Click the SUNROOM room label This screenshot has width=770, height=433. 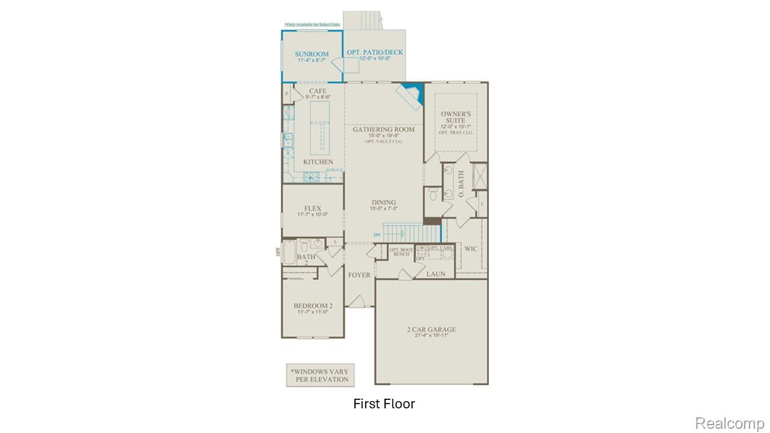[x=312, y=54]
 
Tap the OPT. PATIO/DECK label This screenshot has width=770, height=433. [x=375, y=52]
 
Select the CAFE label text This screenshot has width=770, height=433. [x=318, y=91]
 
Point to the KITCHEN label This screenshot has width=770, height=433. [x=318, y=162]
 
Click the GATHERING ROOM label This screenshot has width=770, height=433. [x=383, y=129]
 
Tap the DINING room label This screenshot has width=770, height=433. [x=383, y=203]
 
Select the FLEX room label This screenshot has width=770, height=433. [x=312, y=208]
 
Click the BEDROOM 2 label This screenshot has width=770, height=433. [x=313, y=306]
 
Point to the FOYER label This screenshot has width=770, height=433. [x=359, y=275]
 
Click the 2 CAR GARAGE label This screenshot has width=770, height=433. [x=431, y=330]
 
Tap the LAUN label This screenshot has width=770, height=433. [x=436, y=274]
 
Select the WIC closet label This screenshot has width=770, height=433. [x=470, y=248]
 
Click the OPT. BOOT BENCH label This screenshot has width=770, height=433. [x=401, y=251]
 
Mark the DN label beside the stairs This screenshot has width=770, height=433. [x=377, y=235]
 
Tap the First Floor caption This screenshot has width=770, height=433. [x=384, y=404]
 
